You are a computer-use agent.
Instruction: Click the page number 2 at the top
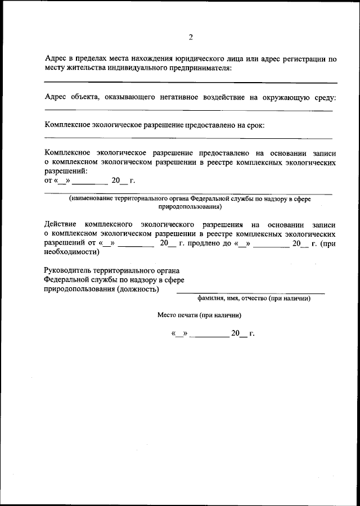(191, 37)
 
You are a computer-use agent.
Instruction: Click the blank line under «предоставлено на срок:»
(188, 138)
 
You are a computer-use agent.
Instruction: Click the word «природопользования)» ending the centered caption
(190, 207)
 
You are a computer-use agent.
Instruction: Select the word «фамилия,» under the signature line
(210, 299)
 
